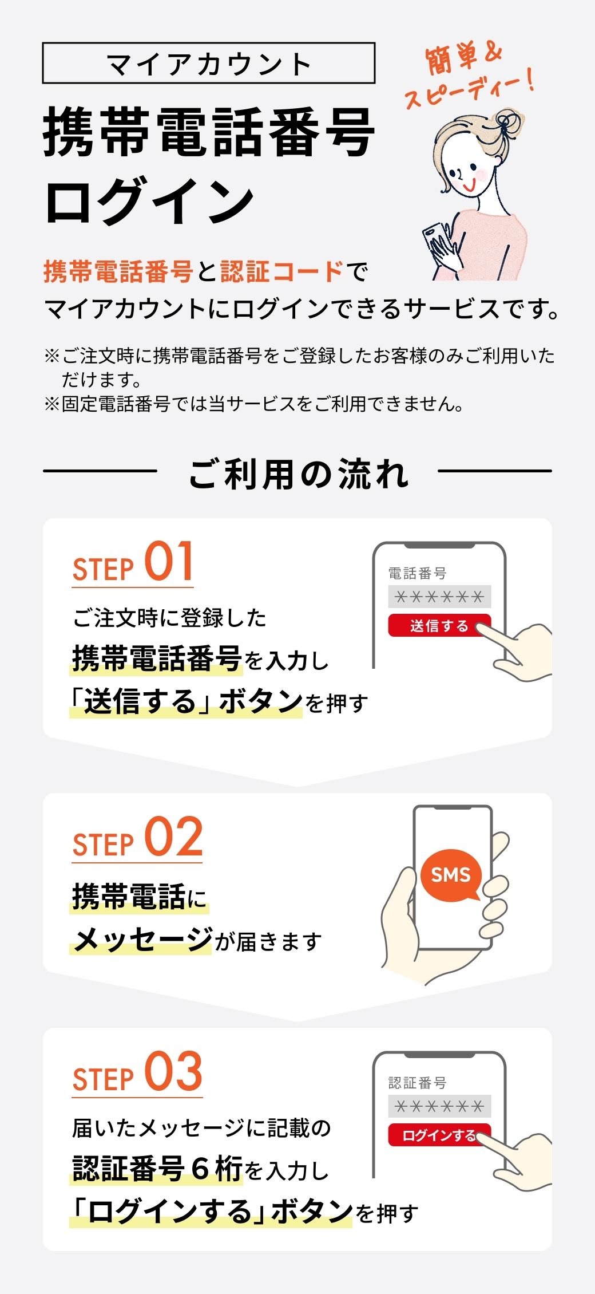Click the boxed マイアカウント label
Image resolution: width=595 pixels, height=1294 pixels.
tap(209, 63)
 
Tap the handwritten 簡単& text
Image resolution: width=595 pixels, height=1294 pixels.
tap(463, 58)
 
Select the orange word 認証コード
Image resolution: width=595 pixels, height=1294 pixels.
tap(282, 272)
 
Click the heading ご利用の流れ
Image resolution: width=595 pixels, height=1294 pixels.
tap(298, 474)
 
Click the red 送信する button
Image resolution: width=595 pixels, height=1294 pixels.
tap(439, 625)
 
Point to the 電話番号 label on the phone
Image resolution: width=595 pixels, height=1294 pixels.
tap(417, 573)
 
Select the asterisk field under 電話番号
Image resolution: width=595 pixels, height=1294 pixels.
tap(439, 597)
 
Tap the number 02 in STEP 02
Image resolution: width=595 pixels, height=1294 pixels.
tap(173, 837)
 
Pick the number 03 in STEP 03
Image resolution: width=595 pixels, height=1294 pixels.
tap(173, 1071)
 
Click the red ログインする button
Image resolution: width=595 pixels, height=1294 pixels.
tap(439, 1135)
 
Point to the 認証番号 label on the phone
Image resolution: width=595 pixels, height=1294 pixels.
tap(417, 1083)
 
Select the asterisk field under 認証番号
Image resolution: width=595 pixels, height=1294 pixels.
tap(439, 1106)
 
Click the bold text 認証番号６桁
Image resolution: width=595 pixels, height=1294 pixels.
tap(157, 1169)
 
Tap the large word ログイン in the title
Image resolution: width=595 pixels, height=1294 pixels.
tap(149, 201)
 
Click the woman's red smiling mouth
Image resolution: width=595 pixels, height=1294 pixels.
tap(470, 186)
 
